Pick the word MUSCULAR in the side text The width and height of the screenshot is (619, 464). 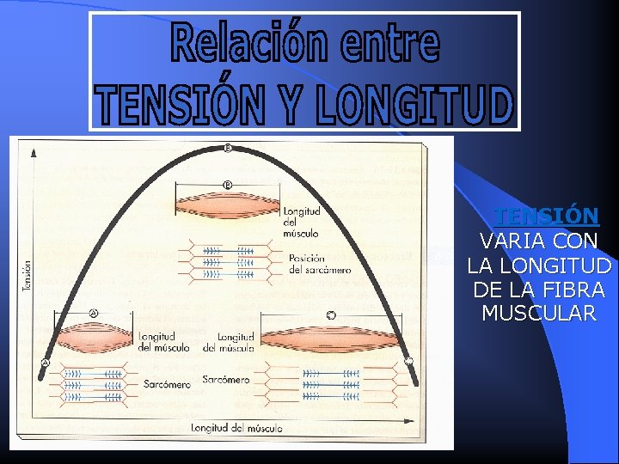[539, 314]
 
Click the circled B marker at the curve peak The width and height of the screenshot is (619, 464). [228, 148]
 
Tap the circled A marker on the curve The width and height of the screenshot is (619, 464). [45, 363]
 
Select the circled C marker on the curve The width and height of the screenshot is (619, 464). [408, 361]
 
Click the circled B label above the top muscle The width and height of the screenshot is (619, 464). [227, 184]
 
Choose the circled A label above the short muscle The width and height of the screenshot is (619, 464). [93, 314]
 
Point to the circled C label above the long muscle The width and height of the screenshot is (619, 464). [331, 315]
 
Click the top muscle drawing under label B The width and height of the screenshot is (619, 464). [228, 206]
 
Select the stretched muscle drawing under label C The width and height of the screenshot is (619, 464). [331, 339]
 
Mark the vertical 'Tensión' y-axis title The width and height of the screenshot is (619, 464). [27, 276]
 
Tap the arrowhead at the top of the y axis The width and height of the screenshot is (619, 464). [34, 152]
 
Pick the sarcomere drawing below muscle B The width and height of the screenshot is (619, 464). [229, 261]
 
